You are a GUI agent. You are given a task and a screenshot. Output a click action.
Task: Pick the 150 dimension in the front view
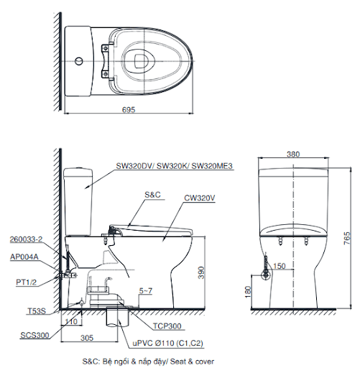[277, 267]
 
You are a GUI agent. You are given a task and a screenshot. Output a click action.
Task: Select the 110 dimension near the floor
[70, 323]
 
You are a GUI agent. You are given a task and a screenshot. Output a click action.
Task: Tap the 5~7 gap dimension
[145, 291]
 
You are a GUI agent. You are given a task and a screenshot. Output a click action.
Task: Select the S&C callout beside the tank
[153, 195]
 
